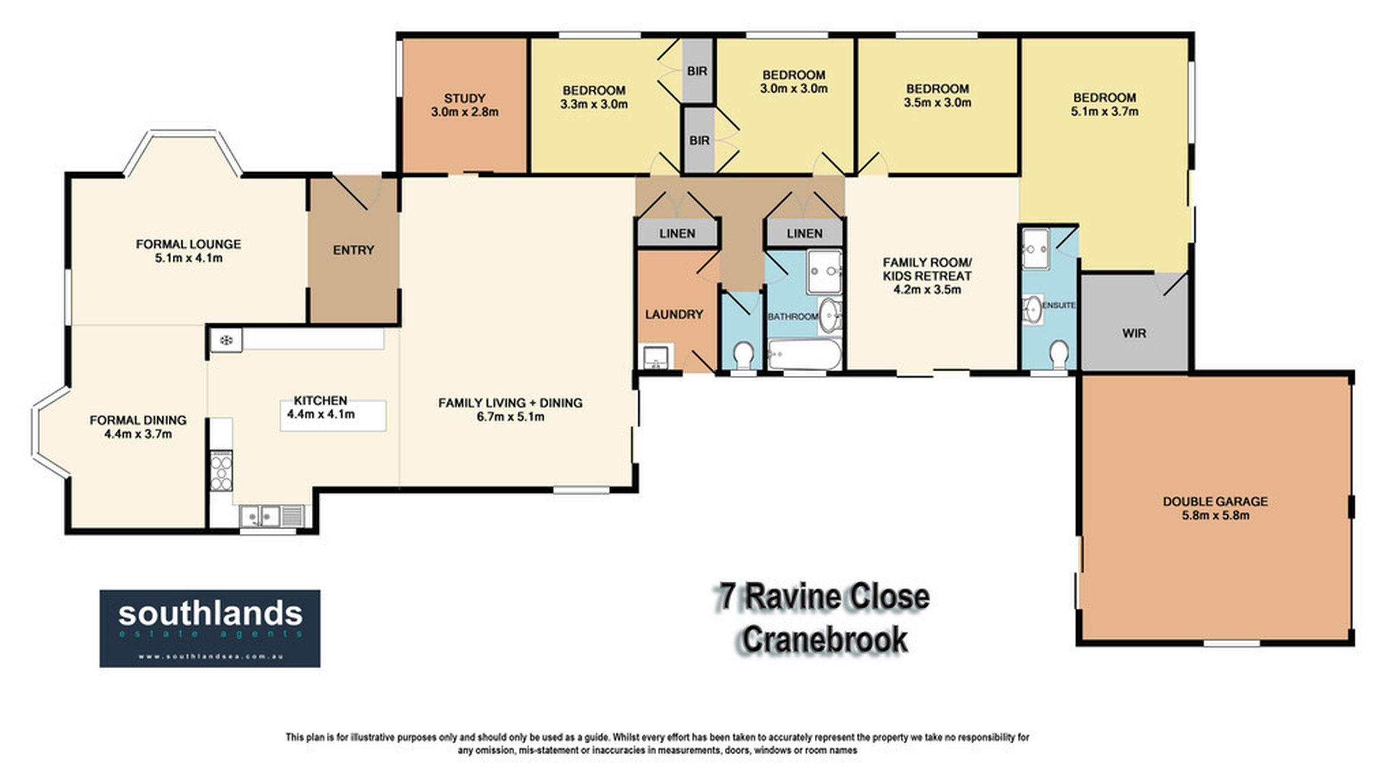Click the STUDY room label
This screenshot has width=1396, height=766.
pos(464,98)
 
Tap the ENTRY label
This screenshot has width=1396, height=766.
pos(353,250)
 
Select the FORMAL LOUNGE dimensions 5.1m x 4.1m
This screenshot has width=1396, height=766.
pos(188,258)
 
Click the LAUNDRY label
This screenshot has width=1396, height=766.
pos(674,315)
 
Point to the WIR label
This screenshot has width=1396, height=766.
pos(1134,334)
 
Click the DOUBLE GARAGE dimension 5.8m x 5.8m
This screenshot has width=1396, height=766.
pos(1216,515)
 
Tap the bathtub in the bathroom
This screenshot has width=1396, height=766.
pos(804,354)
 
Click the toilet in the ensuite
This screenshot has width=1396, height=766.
pos(1059,354)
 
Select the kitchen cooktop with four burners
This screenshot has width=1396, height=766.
pos(221,471)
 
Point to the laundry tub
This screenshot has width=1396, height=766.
pos(657,357)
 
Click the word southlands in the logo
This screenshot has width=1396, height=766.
pos(211,614)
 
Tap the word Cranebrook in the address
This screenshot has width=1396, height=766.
pos(825,639)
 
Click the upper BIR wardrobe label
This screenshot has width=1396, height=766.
pos(697,71)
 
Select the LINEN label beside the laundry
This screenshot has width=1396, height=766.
pos(677,234)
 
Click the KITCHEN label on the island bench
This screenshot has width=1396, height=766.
pos(320,401)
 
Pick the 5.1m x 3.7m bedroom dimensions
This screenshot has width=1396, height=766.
pos(1105,112)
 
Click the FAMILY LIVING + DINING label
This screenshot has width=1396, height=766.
pos(510,403)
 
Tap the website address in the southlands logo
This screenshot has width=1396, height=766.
pos(210,657)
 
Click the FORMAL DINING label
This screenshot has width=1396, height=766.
pos(138,421)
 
